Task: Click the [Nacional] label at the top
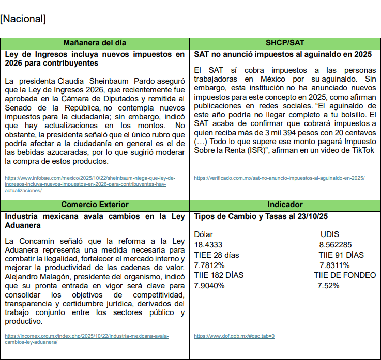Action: click(x=23, y=20)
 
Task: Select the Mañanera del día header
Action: click(x=95, y=43)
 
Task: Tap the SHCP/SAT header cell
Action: click(x=285, y=43)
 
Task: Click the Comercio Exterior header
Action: click(x=95, y=205)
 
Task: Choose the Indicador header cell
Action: click(x=285, y=205)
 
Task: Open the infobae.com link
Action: click(x=90, y=184)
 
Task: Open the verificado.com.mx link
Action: click(x=279, y=178)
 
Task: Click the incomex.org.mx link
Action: click(x=87, y=339)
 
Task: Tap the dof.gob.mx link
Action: click(x=234, y=336)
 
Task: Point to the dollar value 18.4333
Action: click(x=209, y=244)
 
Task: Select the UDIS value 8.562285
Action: click(x=336, y=244)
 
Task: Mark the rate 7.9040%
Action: click(x=209, y=285)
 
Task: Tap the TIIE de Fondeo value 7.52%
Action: click(x=329, y=285)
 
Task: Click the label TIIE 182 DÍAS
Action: click(x=219, y=275)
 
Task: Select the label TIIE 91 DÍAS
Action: click(x=341, y=255)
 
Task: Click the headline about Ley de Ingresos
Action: click(x=95, y=58)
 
